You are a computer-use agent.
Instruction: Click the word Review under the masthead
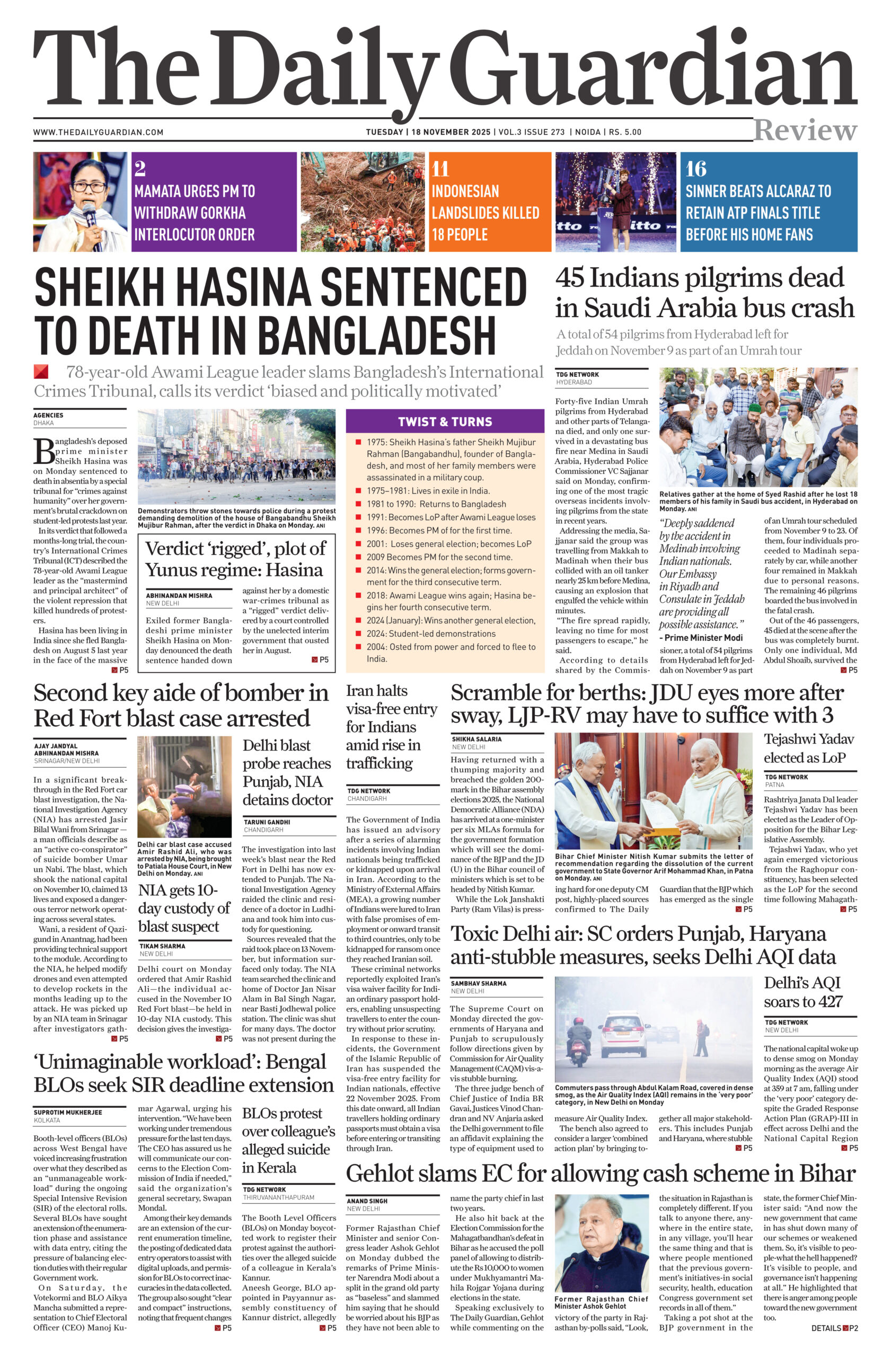click(805, 130)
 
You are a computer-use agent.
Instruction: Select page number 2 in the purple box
click(140, 169)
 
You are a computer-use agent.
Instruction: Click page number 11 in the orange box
click(440, 169)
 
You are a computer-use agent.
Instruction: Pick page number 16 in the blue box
click(696, 169)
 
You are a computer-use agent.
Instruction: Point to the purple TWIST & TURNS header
click(445, 422)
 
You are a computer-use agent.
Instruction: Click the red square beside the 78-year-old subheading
click(41, 372)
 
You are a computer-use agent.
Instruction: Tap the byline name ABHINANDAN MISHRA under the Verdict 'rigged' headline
click(179, 595)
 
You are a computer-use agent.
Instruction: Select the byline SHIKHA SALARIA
click(477, 739)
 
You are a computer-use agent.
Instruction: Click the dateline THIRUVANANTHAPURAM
click(278, 1198)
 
